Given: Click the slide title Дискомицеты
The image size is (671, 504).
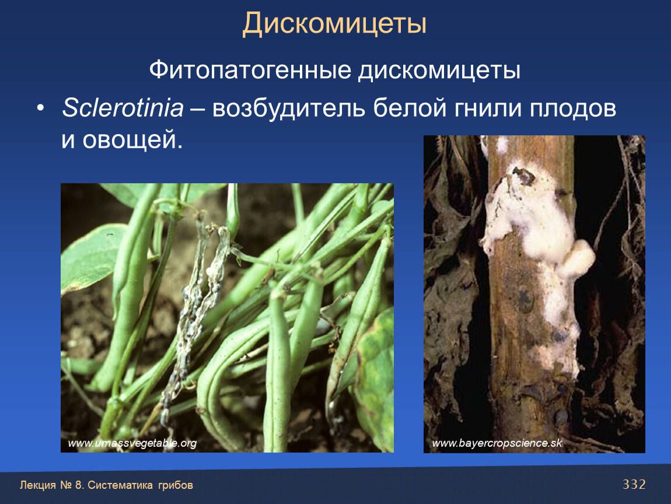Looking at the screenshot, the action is tap(335, 23).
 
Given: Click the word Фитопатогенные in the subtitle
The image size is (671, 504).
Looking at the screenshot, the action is tap(250, 70).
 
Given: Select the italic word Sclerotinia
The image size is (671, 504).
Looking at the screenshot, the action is tap(123, 107).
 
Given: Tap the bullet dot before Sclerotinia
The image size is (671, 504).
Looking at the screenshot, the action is tap(40, 108).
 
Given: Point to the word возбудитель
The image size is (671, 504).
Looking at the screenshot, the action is tap(288, 108).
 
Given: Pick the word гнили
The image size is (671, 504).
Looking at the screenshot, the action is tap(488, 108).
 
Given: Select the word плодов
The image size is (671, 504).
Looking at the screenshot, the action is tap(573, 108).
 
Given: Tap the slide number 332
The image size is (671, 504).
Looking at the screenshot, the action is tap(634, 484).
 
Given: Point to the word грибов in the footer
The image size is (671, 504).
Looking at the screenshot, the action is tap(176, 485).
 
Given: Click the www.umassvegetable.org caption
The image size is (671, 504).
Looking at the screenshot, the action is tap(132, 443).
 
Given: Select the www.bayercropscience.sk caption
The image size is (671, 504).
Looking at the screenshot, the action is tap(497, 443).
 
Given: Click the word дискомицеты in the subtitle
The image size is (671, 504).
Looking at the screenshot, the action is tap(439, 70).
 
